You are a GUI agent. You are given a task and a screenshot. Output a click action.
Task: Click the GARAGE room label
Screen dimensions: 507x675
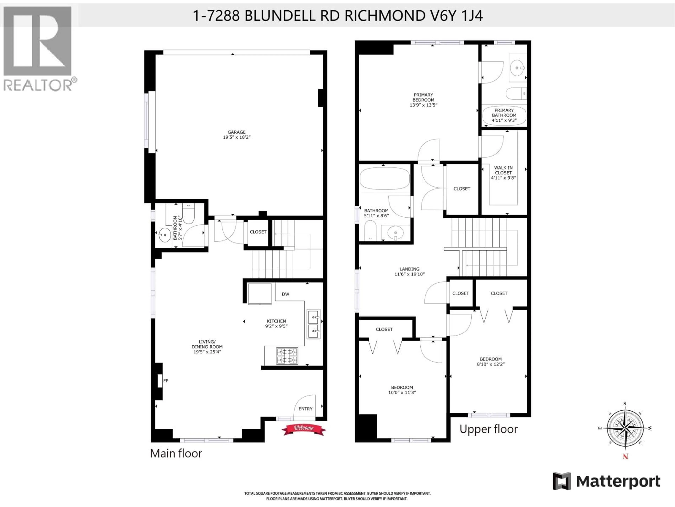coord(236,132)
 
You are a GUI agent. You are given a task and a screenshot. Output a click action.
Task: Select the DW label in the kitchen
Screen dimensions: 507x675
coord(285,294)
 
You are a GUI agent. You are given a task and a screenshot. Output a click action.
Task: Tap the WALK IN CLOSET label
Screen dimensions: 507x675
coord(503,170)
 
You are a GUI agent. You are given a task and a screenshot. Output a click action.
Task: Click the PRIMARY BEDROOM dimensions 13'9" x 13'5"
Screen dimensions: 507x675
coord(423,105)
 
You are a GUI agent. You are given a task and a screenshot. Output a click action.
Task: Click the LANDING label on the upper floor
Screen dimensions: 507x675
coord(410,269)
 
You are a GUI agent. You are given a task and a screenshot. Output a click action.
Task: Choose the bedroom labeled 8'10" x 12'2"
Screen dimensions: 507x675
coord(490,362)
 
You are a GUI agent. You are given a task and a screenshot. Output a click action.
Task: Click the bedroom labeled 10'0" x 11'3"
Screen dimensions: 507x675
coord(402,390)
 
